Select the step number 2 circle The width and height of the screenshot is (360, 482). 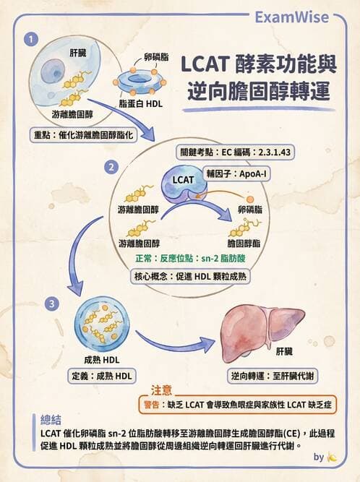(111, 167)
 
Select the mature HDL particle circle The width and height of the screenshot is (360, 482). (101, 322)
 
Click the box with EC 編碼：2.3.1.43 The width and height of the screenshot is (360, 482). (226, 152)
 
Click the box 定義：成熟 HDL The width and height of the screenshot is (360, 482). (101, 376)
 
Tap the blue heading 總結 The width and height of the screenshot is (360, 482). (52, 420)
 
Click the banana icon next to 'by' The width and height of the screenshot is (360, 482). (332, 457)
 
